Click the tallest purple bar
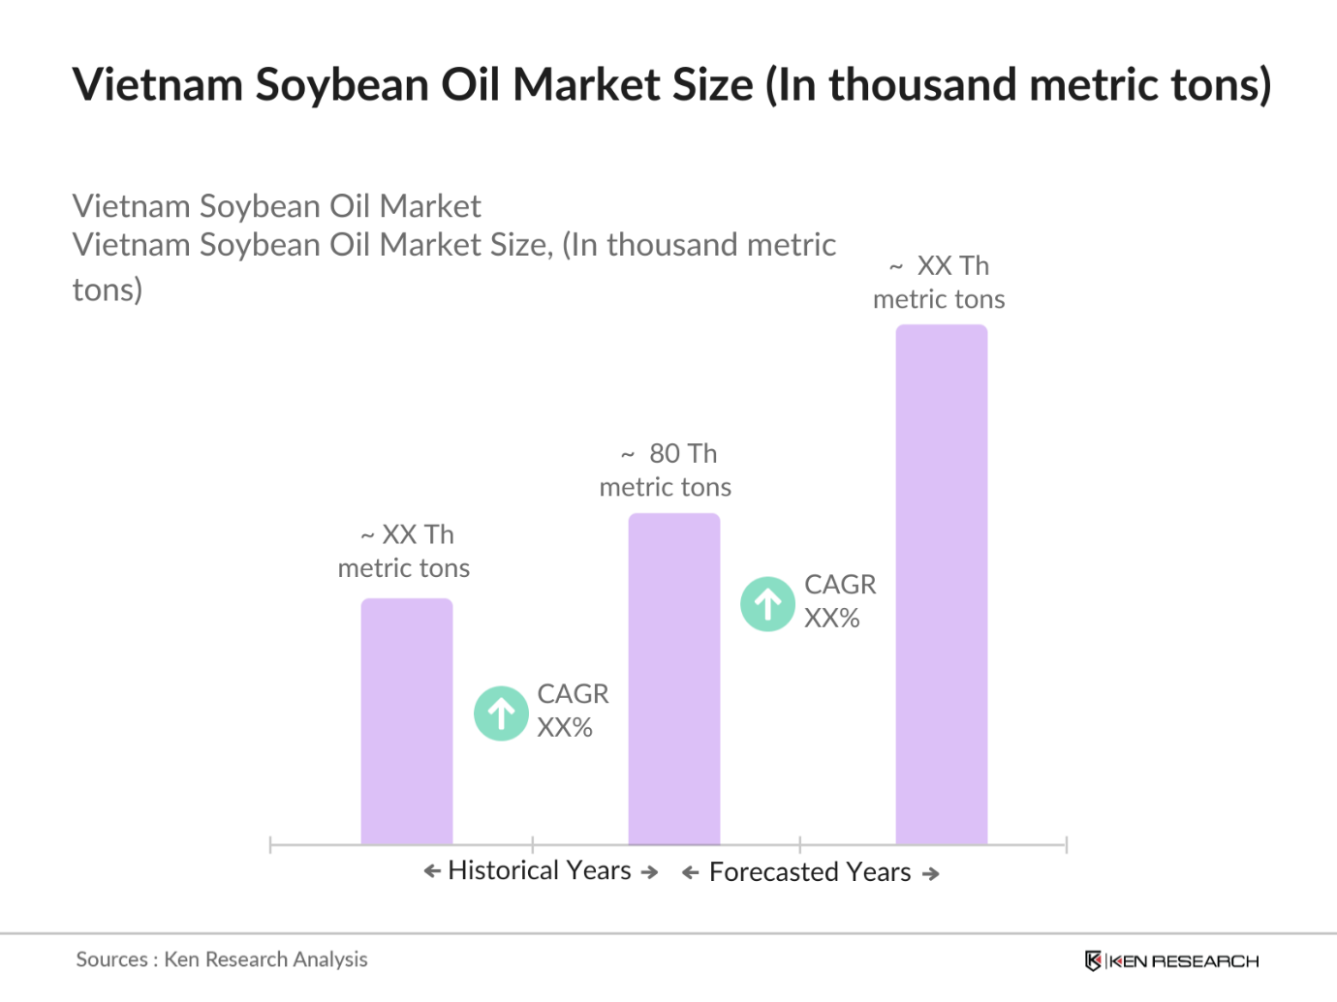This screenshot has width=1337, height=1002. coord(941,585)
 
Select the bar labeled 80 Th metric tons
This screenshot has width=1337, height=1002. coord(673,679)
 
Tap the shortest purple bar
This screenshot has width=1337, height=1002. coord(406,721)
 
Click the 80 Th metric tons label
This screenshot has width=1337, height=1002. coord(666,471)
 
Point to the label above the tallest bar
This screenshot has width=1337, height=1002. coord(939,283)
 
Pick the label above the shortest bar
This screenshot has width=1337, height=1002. coord(404,551)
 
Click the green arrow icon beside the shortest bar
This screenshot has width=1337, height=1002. coord(501,714)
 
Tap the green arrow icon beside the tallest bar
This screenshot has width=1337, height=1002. coord(767,604)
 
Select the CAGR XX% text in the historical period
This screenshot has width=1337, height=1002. coord(573,711)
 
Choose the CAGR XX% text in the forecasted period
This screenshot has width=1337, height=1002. coord(840,601)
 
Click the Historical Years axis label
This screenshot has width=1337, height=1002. coord(540,870)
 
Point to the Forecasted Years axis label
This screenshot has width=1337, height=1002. coord(810,872)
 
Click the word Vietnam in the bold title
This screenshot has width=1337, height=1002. coord(157,85)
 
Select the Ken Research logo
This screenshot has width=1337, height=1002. coord(1171,960)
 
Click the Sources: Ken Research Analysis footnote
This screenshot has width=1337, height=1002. coord(222,959)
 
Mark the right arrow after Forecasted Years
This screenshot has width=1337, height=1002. coord(931,874)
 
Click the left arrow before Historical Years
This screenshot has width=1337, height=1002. coord(432,871)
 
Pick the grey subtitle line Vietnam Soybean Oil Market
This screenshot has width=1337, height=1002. coord(276,206)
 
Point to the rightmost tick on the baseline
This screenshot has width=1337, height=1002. coord(1066,845)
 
